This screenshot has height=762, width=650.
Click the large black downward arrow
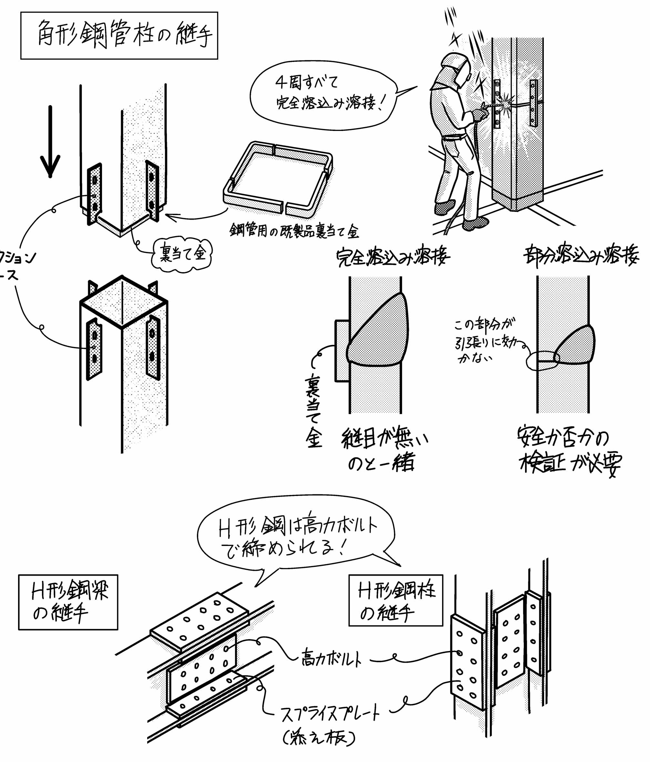coord(50,142)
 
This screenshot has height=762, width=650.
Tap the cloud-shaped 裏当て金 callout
coord(183,254)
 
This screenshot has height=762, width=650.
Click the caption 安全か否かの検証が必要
coord(569,451)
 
